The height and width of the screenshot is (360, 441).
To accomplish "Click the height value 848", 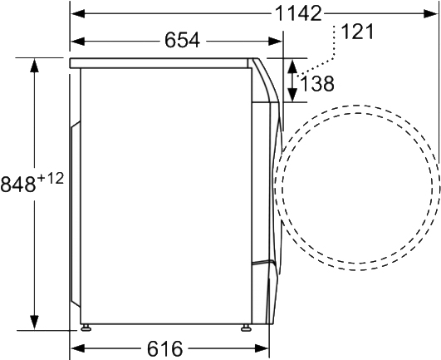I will [17, 183].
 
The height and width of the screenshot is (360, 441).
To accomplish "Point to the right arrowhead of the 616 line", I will [265, 347].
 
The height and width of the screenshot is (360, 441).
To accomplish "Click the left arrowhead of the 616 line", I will [76, 347].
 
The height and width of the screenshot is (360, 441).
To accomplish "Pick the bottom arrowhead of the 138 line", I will [292, 96].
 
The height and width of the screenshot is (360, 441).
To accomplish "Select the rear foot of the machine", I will [85, 326].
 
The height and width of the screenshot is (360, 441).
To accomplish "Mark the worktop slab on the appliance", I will [162, 63].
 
